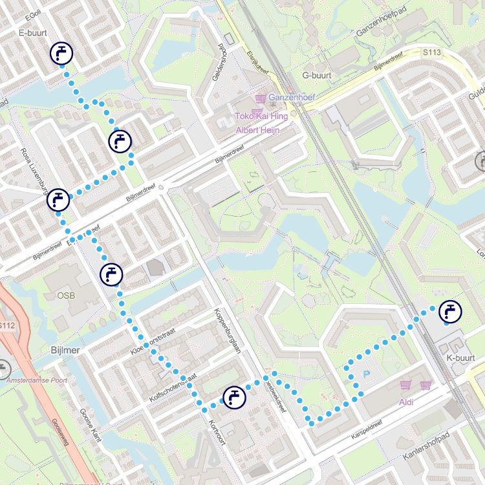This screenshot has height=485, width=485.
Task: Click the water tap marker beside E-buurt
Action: coord(61,54)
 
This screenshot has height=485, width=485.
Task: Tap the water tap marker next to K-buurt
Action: coord(449,312)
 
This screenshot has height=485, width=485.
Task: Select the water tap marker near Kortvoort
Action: coord(233,397)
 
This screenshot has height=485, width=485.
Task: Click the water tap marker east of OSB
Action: coord(112,274)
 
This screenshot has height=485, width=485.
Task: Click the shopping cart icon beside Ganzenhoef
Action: coord(261,98)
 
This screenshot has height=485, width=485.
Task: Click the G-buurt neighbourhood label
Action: coord(317,75)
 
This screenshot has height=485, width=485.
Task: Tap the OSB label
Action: coord(65,296)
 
